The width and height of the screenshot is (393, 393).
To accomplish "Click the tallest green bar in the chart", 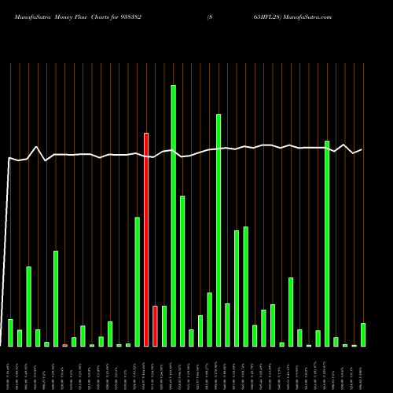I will click(x=173, y=215).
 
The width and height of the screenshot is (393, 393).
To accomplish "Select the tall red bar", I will click(x=146, y=240).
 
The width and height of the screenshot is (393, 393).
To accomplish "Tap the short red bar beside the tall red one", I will click(x=155, y=326).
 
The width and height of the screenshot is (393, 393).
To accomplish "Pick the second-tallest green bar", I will click(x=219, y=230).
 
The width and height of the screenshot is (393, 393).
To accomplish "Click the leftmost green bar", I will click(x=10, y=332).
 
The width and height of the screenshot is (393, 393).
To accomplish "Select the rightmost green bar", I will click(x=363, y=335).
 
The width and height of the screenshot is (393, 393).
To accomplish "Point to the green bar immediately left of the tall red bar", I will click(x=137, y=281).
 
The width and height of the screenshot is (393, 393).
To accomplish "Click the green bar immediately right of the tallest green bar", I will click(x=182, y=271).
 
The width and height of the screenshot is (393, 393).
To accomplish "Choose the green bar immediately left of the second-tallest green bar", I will click(x=209, y=319).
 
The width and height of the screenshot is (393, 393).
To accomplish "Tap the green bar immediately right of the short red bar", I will click(x=164, y=326).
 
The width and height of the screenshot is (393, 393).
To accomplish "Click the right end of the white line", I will click(x=362, y=149).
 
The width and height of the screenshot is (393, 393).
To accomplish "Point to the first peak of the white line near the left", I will click(x=37, y=147).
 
